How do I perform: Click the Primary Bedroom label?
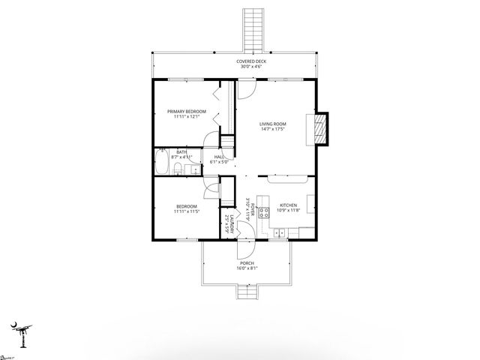pyautogui.click(x=186, y=111)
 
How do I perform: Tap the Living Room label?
pyautogui.click(x=272, y=124)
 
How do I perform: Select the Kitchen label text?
pyautogui.click(x=289, y=205)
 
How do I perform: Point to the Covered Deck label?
pyautogui.click(x=251, y=61)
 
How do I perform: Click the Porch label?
pyautogui.click(x=246, y=263)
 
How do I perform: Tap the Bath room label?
pyautogui.click(x=181, y=152)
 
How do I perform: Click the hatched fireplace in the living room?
pyautogui.click(x=320, y=129)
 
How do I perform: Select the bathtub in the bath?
pyautogui.click(x=163, y=162)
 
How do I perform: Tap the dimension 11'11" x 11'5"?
pyautogui.click(x=187, y=211)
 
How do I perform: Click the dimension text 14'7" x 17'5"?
pyautogui.click(x=272, y=130)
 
